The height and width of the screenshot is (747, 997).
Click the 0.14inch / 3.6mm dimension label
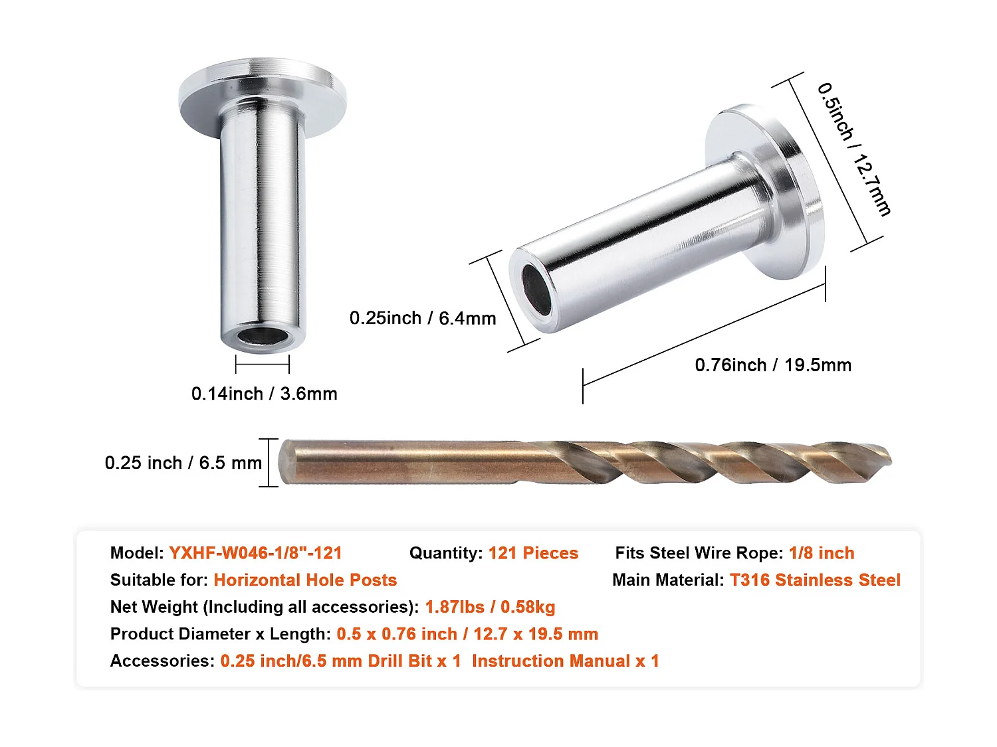point(264,394)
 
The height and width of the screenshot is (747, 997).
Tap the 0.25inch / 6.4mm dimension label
point(423,318)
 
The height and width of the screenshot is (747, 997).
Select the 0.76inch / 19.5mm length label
point(773,365)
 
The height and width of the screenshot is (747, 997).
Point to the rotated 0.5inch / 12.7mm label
point(854,149)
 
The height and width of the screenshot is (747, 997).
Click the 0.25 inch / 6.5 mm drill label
point(183,463)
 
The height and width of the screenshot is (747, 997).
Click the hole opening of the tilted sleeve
point(536,291)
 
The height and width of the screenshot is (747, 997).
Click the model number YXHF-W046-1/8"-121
point(255,553)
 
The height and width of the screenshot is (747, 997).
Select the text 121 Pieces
point(533,553)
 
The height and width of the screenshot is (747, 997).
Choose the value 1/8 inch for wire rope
point(822,553)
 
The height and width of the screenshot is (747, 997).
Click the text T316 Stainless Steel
point(815,580)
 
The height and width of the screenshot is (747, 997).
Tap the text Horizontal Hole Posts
point(305,580)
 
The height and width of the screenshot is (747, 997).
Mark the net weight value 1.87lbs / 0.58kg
point(490,607)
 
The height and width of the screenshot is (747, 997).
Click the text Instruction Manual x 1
point(565,661)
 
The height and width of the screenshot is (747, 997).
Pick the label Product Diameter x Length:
point(220,634)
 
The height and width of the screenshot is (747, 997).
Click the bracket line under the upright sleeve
point(263,364)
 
